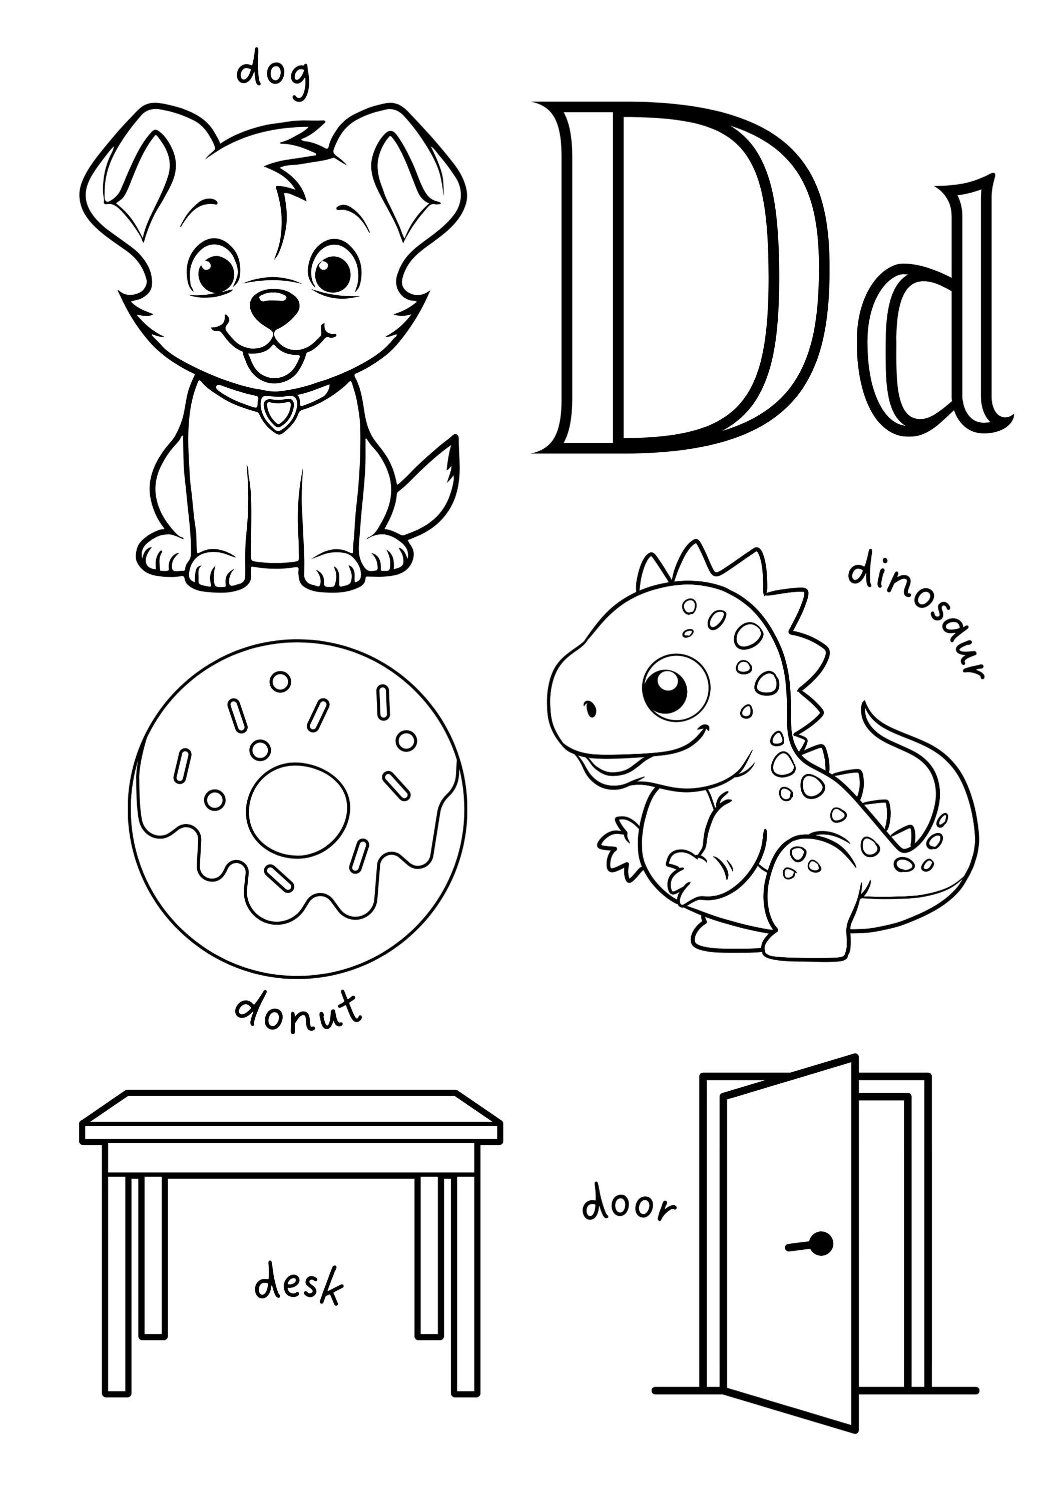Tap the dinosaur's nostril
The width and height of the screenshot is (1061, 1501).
tap(591, 707)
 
